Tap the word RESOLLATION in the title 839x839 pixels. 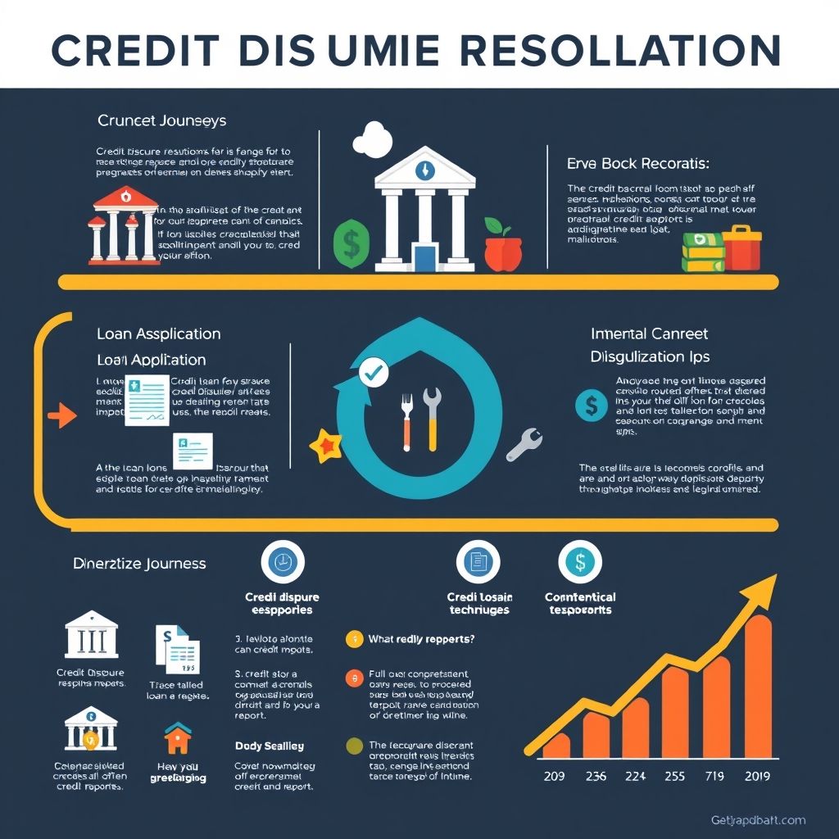618,51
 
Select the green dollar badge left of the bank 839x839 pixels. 351,243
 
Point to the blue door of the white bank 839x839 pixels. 424,256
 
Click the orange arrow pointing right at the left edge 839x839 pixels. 61,416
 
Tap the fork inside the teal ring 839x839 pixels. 407,422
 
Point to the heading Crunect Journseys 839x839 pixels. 161,120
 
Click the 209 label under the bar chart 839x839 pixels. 556,776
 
